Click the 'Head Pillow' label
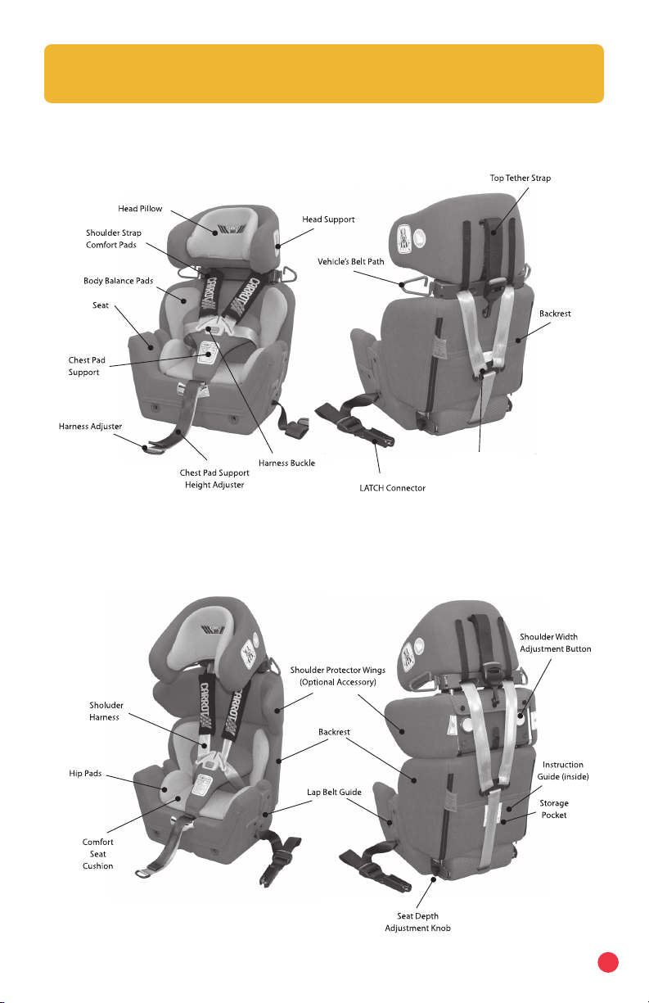click(137, 209)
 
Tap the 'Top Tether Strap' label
click(521, 178)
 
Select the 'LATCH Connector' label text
click(384, 489)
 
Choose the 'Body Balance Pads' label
click(118, 281)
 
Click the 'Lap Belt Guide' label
click(334, 792)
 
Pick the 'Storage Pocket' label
click(554, 809)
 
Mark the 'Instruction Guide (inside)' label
click(561, 770)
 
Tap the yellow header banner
click(324, 74)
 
